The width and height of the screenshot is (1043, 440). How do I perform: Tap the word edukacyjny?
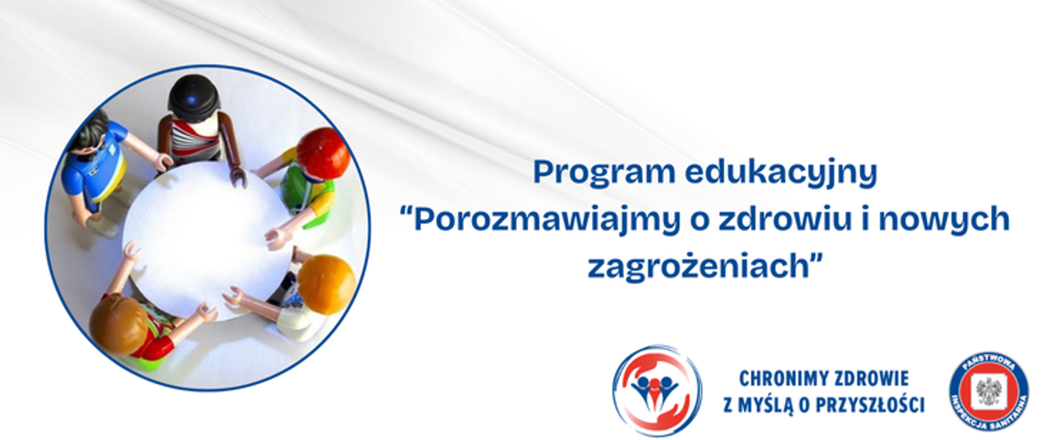click(781, 173)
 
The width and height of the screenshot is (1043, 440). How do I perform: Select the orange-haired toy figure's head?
click(326, 284)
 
